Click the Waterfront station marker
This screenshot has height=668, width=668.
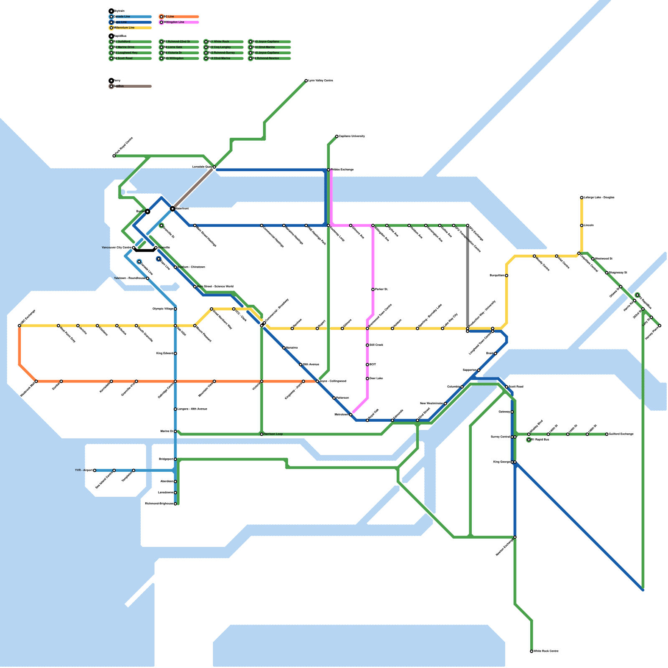click(x=172, y=208)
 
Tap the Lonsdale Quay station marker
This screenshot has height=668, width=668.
click(x=214, y=167)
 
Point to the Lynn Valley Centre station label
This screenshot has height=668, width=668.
click(x=321, y=81)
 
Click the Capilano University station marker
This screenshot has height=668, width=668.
click(x=337, y=136)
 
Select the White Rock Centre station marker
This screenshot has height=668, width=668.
click(x=531, y=651)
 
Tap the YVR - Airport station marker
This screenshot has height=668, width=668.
click(x=95, y=471)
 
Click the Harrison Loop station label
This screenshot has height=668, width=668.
click(x=273, y=434)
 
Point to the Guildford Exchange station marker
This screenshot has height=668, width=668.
click(x=607, y=434)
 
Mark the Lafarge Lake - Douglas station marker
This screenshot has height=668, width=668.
click(x=582, y=197)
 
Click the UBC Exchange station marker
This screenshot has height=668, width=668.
click(x=19, y=326)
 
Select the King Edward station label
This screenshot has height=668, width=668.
click(x=164, y=354)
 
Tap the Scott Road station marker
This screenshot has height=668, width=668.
click(x=506, y=387)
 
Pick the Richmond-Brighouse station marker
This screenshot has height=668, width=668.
click(x=175, y=504)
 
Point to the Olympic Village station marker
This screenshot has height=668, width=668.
click(x=175, y=309)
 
